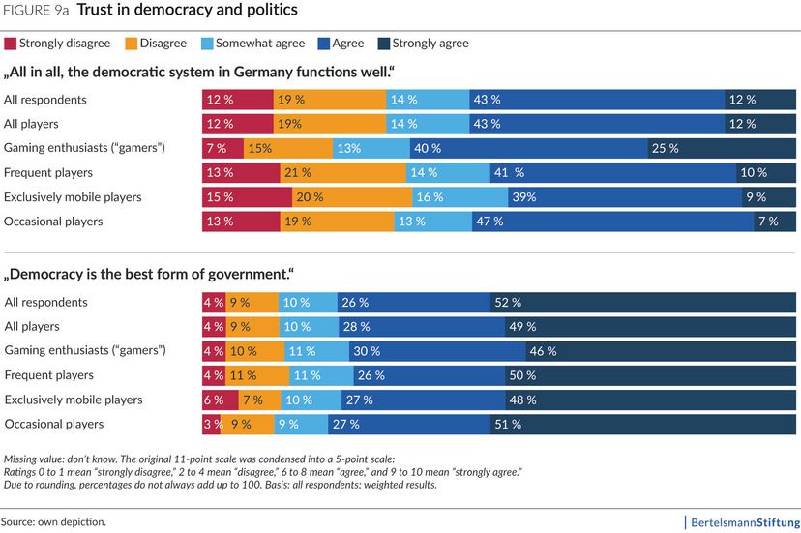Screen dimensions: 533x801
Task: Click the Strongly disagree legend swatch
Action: point(11,44)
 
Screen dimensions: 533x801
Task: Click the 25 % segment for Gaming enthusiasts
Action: point(721,148)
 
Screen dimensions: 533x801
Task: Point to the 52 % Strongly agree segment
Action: point(643,302)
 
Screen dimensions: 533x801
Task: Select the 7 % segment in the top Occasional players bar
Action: point(775,222)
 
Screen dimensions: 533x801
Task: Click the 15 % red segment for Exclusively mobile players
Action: point(247,197)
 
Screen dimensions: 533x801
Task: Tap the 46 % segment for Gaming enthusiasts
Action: point(661,350)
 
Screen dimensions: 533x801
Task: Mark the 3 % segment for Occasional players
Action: point(211,424)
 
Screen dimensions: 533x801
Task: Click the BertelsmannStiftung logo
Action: point(742,521)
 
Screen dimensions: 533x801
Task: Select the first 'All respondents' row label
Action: point(45,99)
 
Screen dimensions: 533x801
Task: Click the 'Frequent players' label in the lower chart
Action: point(48,374)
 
